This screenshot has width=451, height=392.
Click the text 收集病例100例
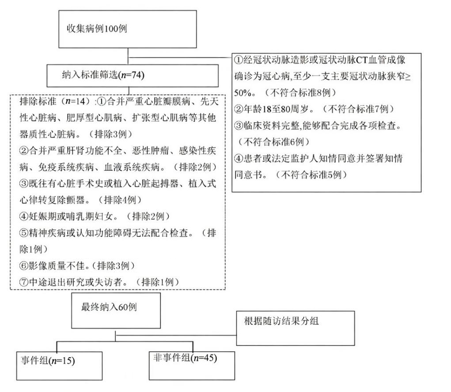pos(97,28)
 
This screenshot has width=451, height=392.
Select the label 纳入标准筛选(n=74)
pos(103,75)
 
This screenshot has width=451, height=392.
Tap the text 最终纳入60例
pos(109,307)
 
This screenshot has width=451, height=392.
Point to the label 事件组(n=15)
pos(48,361)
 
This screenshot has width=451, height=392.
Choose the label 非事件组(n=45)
pos(185,358)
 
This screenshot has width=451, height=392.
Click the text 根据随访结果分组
pos(281,321)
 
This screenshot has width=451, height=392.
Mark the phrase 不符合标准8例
pos(300,92)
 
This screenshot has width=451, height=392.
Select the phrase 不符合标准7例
pos(358,109)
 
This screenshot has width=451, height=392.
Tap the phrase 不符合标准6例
pos(273,142)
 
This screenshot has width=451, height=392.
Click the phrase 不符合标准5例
pos(311,175)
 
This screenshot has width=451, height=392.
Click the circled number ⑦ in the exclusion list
pos(24,282)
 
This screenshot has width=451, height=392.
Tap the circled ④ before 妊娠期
pos(24,216)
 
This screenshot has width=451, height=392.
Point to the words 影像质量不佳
pos(53,265)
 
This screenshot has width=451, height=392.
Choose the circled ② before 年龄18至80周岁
pos(239,109)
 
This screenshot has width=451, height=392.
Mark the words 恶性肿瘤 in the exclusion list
pos(151,150)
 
